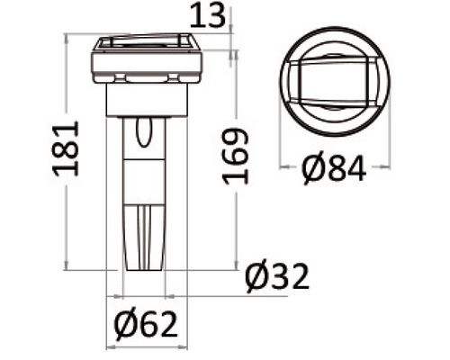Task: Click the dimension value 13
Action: [x=208, y=15]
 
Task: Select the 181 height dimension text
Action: [x=66, y=148]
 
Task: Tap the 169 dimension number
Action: [x=236, y=157]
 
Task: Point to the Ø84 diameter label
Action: [x=334, y=169]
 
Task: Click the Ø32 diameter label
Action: [x=277, y=276]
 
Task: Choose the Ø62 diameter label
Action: [x=147, y=325]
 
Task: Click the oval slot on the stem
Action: [x=144, y=132]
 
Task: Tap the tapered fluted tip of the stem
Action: [x=144, y=238]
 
